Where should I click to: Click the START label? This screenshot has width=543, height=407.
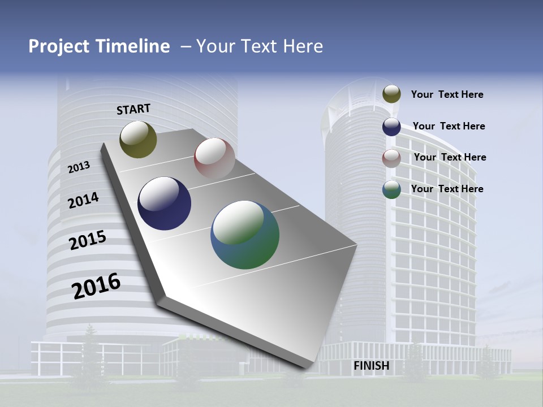coord(133,109)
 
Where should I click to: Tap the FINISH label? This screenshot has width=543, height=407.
coord(371,366)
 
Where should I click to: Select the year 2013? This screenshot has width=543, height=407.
coord(79,167)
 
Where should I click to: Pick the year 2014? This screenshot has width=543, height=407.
coord(83,200)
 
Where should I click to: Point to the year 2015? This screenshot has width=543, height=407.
coord(88,240)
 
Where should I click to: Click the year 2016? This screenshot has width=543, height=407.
coord(96,285)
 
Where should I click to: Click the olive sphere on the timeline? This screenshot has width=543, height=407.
coord(138,139)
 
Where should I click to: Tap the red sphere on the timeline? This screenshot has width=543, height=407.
coord(214,158)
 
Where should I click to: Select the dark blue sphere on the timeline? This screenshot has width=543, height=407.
coord(165,203)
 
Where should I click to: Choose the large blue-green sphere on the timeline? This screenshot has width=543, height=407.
coord(245,235)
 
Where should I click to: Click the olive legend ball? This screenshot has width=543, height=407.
coord(391,94)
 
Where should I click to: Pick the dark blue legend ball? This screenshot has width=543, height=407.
coord(391,127)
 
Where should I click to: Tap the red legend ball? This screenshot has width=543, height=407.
coord(391,158)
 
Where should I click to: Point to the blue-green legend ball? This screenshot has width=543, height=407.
coord(391,189)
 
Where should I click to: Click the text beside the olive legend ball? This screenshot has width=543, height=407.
coord(447,94)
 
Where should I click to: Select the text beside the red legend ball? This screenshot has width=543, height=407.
coord(450,157)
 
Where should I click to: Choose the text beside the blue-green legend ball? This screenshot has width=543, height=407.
coord(447,189)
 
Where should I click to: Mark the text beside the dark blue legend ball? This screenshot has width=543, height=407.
coord(449,126)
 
